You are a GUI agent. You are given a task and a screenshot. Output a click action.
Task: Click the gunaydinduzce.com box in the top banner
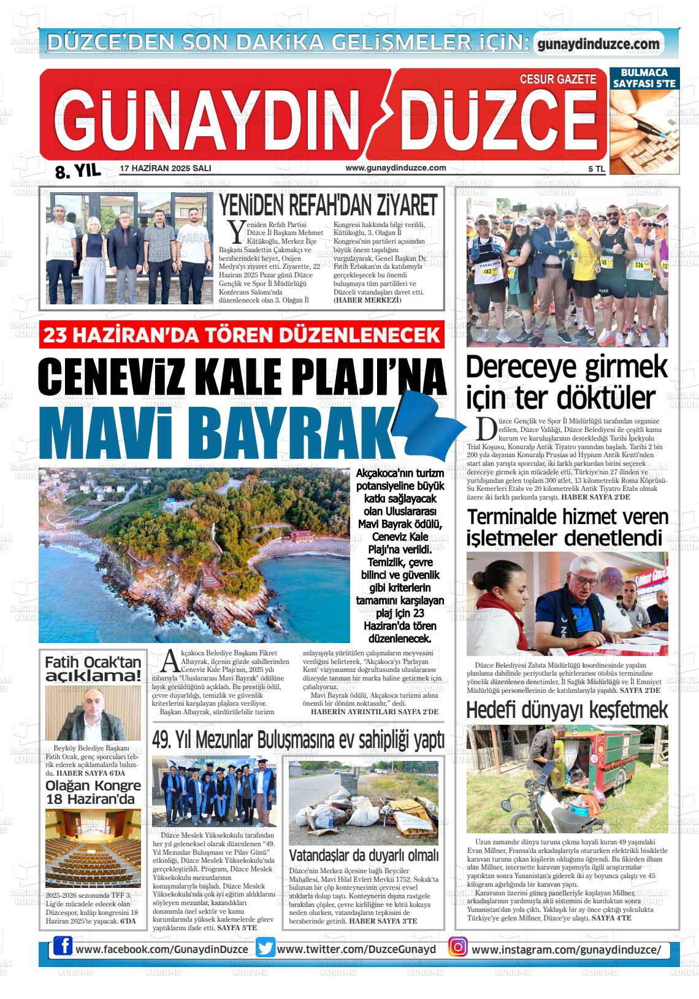pos(598,44)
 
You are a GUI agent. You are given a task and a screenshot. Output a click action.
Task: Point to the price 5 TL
pos(596,169)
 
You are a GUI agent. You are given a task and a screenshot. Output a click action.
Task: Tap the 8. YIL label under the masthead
pos(77,172)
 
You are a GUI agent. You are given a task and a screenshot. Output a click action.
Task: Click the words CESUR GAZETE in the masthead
pos(558,79)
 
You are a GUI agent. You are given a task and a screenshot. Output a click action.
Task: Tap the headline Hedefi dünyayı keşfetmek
pos(567,710)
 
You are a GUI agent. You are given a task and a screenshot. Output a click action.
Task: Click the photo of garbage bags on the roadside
pos(363,803)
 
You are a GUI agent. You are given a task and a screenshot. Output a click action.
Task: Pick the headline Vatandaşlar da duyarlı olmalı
pos(364,855)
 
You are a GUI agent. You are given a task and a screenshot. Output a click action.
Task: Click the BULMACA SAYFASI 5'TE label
pos(644,78)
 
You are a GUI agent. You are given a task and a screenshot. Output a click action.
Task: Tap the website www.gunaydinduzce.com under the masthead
pos(395,168)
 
